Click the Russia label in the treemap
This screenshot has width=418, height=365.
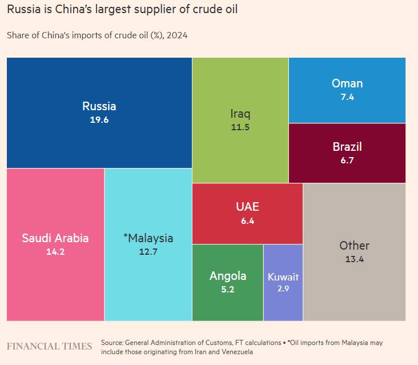pos(99,106)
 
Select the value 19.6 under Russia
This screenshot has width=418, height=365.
pos(99,120)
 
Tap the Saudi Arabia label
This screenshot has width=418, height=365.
pos(55,238)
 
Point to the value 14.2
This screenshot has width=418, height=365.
pos(55,251)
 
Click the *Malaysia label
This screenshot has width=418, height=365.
pos(148,238)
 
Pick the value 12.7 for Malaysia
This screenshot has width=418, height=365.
pos(148,251)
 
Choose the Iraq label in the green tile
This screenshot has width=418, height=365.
pos(240,113)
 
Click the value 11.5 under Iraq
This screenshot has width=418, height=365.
pos(240,127)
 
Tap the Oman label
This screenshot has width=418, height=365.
pos(347,83)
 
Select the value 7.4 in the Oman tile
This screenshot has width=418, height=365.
pos(347,97)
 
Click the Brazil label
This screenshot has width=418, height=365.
pos(347,147)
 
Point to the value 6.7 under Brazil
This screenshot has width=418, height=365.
pos(347,161)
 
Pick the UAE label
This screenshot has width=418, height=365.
pos(247,207)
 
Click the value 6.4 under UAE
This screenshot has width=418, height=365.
pos(247,220)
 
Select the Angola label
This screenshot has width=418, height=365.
pos(228,276)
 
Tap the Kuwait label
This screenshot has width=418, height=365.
pos(283,277)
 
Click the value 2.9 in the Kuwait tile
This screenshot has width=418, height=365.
pos(283,290)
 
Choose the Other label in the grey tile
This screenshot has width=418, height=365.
pos(354,246)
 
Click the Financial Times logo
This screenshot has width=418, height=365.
pos(49,346)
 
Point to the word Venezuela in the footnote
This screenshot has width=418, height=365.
pos(234,352)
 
